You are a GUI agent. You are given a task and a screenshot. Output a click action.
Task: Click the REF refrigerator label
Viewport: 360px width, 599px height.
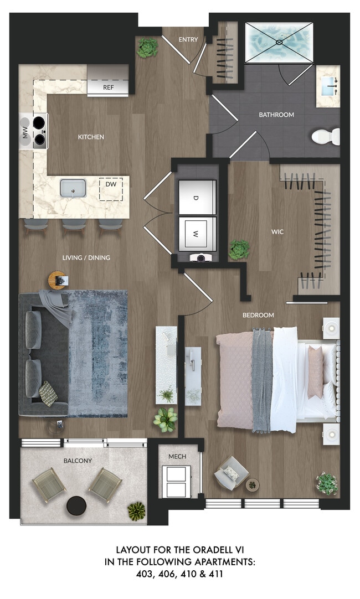point(108,87)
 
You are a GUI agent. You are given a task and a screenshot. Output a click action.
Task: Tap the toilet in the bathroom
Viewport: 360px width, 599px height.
point(325,136)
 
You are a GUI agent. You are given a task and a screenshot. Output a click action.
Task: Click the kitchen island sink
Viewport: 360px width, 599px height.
point(73,189)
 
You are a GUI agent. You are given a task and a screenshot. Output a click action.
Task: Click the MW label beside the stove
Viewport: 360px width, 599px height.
point(24,131)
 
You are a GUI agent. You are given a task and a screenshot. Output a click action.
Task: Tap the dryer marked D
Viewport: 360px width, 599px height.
point(196,197)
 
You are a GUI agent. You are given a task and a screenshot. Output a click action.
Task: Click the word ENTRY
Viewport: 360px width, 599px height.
point(188,40)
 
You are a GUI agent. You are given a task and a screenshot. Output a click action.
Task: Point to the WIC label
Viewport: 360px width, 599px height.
point(277,232)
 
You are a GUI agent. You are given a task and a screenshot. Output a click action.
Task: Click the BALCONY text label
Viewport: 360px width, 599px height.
point(78,461)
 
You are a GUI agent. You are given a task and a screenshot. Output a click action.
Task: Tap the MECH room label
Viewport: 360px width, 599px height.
point(177,456)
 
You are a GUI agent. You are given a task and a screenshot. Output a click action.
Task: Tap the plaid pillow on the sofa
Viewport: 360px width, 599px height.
point(48,394)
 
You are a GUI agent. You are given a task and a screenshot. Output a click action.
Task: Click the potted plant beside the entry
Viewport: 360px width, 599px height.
point(147,48)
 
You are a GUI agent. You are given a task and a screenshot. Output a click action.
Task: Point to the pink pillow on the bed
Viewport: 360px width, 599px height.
point(315,371)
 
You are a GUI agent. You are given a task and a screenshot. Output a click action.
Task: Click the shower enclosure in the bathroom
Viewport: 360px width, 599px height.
point(279,42)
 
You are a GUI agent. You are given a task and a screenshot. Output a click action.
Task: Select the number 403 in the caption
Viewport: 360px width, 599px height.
point(147,574)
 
